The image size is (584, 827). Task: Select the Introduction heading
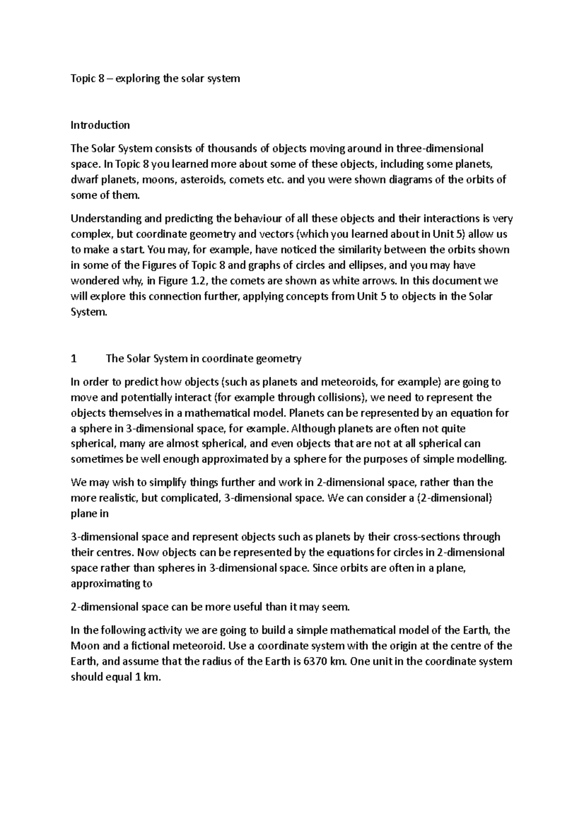[100, 125]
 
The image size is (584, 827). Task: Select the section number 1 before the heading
[73, 359]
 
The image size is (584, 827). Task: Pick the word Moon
[85, 646]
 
